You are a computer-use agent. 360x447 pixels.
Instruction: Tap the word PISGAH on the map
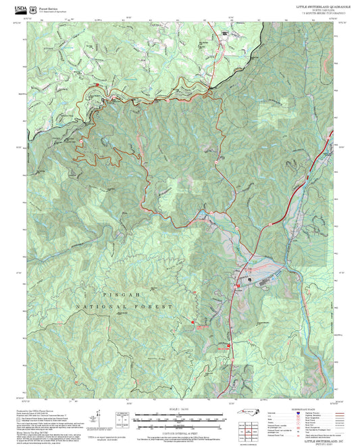pyautogui.click(x=111, y=295)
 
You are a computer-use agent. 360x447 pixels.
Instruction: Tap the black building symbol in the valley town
pyautogui.click(x=249, y=279)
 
